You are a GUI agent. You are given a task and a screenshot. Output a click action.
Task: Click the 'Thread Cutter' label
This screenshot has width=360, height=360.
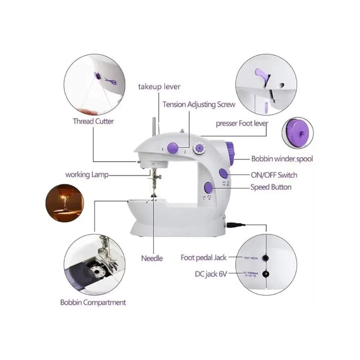tap(93, 121)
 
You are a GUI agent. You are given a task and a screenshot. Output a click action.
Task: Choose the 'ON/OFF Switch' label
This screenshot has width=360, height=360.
tap(274, 175)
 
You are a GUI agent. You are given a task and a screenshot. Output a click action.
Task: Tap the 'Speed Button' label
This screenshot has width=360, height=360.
tap(270, 187)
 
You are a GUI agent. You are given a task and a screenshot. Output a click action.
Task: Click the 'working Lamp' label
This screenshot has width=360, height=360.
tap(86, 174)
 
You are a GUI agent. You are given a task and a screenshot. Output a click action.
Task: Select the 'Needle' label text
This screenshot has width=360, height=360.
tap(152, 258)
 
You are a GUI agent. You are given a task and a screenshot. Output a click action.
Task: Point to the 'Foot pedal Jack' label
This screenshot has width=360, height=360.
tap(203, 258)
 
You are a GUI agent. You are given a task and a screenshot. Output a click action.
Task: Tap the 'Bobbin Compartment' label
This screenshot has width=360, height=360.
tap(93, 302)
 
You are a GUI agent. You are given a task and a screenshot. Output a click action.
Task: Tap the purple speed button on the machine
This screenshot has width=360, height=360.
tap(208, 187)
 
